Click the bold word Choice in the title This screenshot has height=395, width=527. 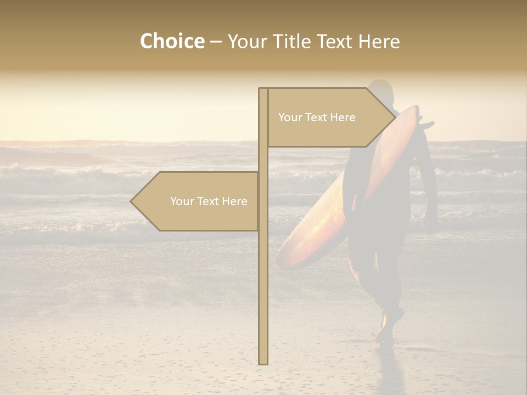[x=172, y=42]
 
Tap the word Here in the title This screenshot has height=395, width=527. [x=379, y=42]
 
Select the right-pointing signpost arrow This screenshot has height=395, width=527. [x=329, y=117]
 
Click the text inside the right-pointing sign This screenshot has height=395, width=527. [x=317, y=117]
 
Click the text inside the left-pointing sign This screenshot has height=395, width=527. [x=209, y=201]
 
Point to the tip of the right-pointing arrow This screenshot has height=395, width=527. [x=395, y=117]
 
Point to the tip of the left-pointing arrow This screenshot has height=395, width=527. [x=132, y=201]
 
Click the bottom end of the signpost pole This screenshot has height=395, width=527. [x=263, y=362]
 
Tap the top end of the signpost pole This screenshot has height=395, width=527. [x=263, y=90]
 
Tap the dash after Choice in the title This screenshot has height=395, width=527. [x=216, y=42]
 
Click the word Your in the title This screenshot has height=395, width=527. [x=245, y=42]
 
